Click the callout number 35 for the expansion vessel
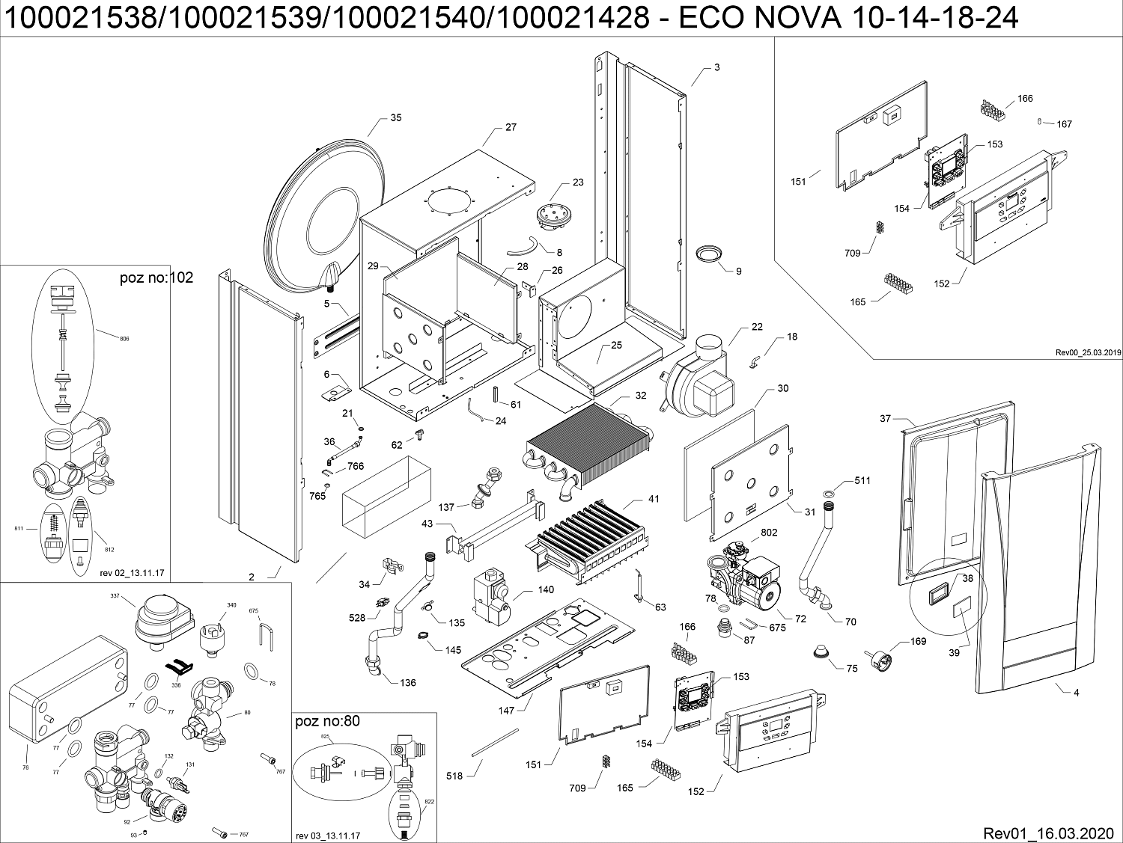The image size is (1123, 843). click(395, 118)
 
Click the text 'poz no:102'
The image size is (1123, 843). click(156, 278)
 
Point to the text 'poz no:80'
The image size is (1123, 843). click(328, 722)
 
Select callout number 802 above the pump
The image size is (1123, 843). click(768, 533)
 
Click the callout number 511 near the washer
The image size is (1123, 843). click(862, 480)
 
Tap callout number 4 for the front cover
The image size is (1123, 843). click(1076, 693)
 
